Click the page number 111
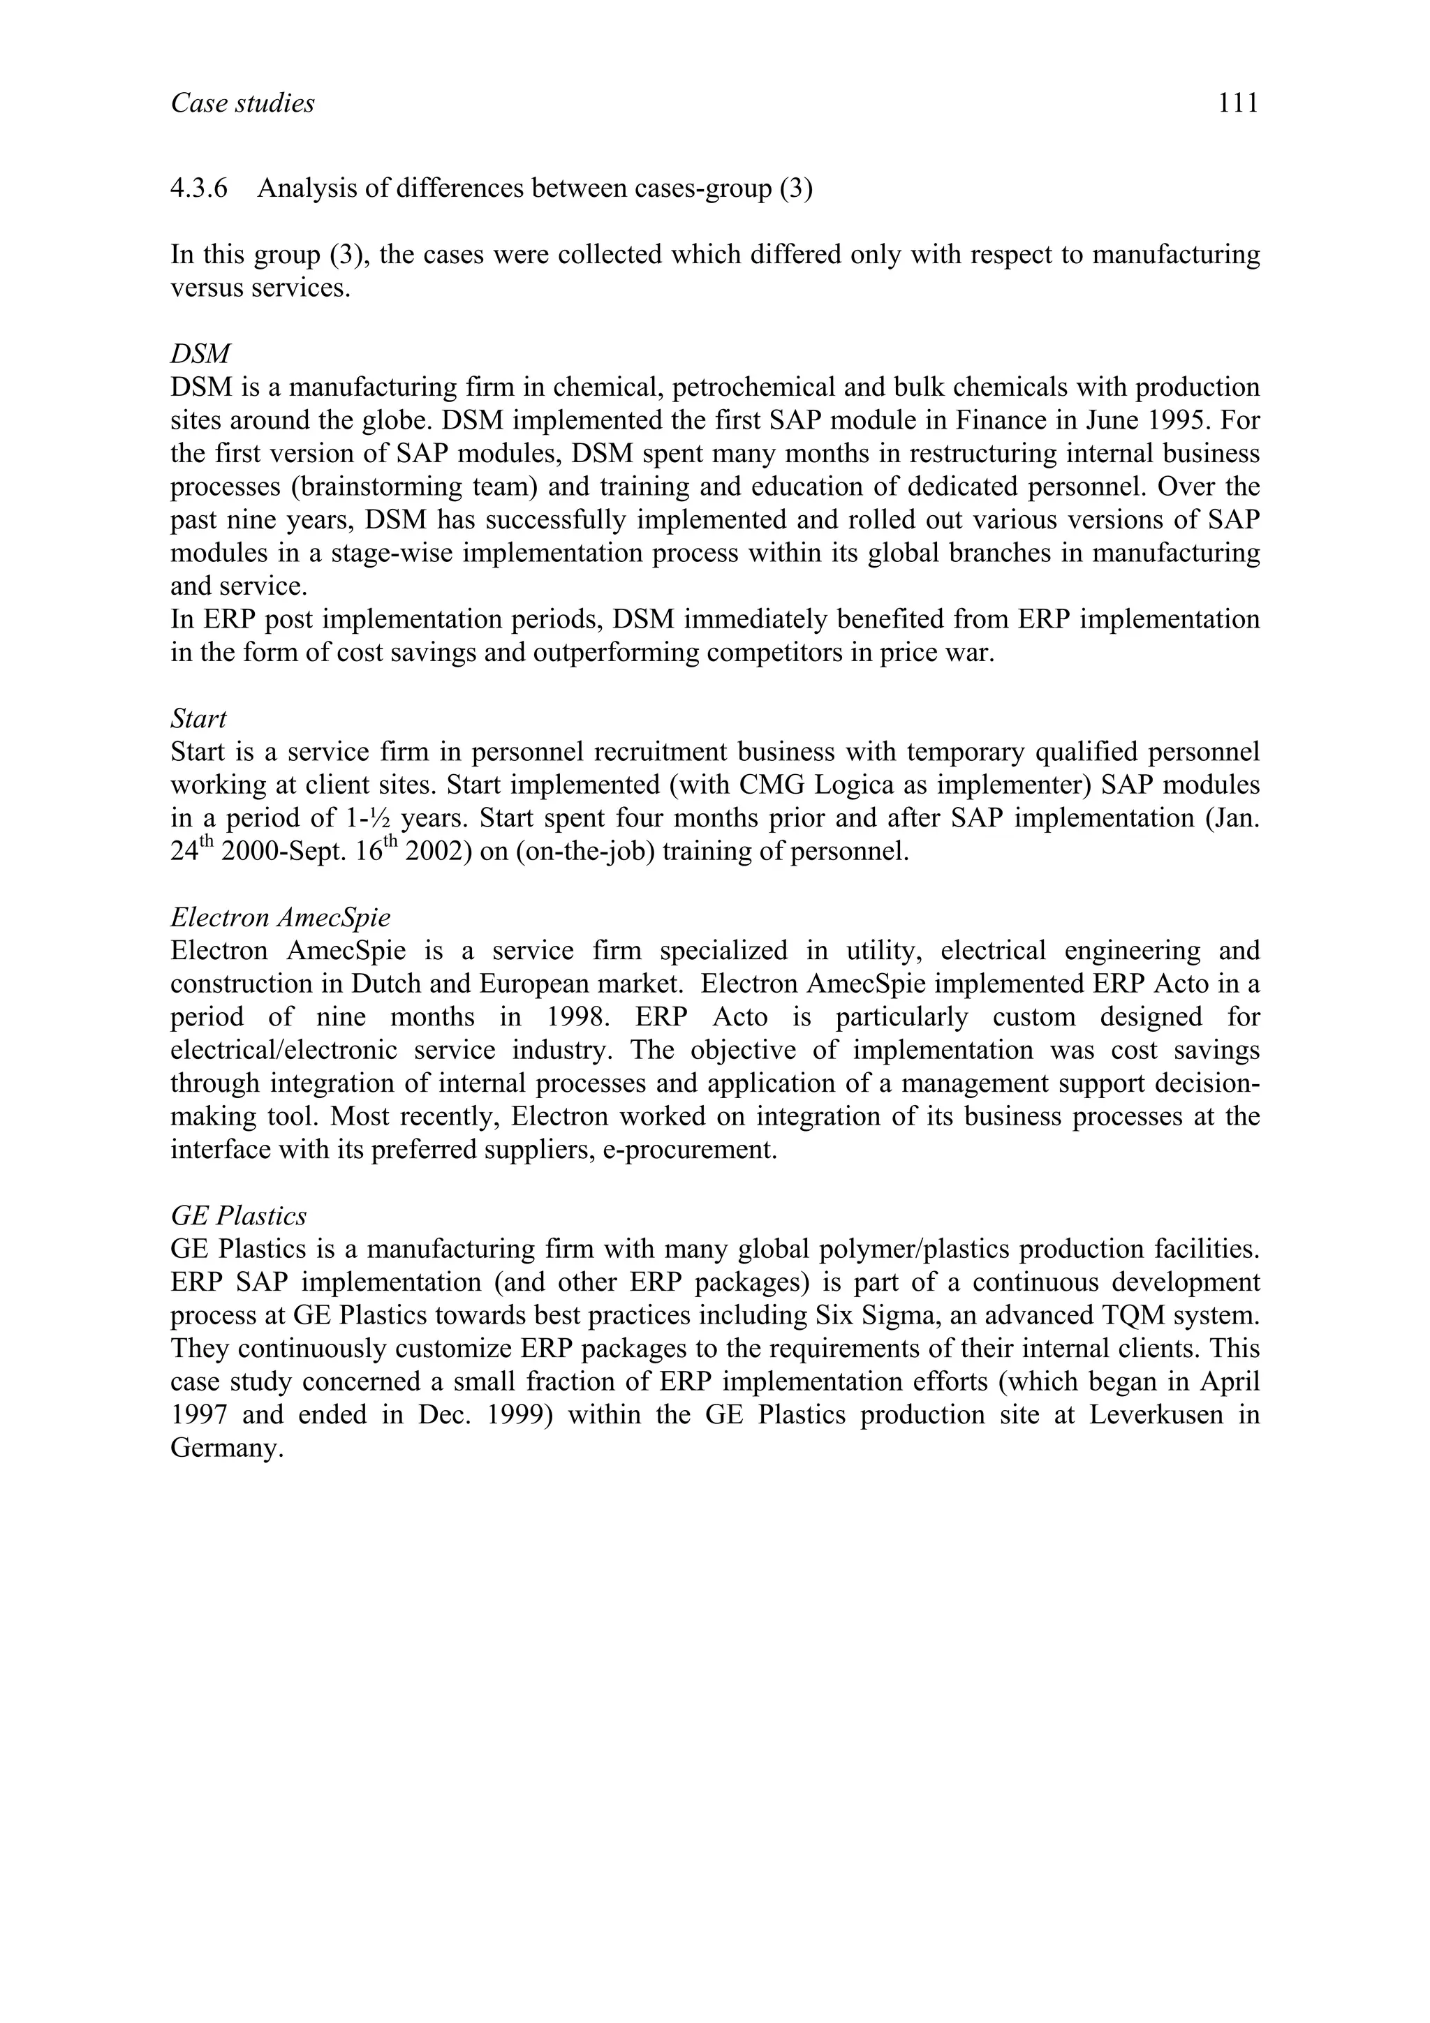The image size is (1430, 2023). tap(1238, 104)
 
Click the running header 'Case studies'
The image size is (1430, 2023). tap(242, 104)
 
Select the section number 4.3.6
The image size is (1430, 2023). tap(198, 188)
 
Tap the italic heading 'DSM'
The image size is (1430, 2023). tap(200, 354)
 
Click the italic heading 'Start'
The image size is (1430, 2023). tap(198, 719)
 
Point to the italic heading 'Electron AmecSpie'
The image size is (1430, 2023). tap(280, 918)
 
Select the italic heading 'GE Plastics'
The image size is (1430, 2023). tap(239, 1216)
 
